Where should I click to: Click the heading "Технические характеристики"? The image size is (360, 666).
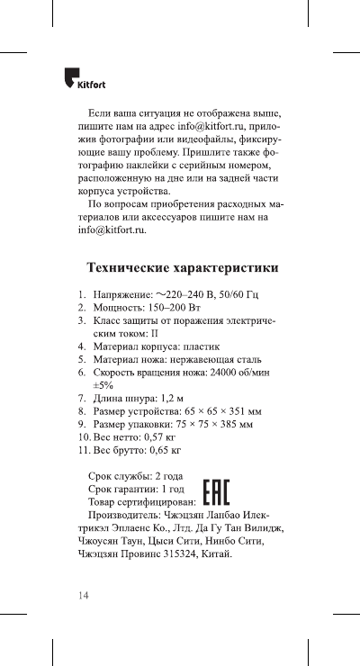coord(182,268)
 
